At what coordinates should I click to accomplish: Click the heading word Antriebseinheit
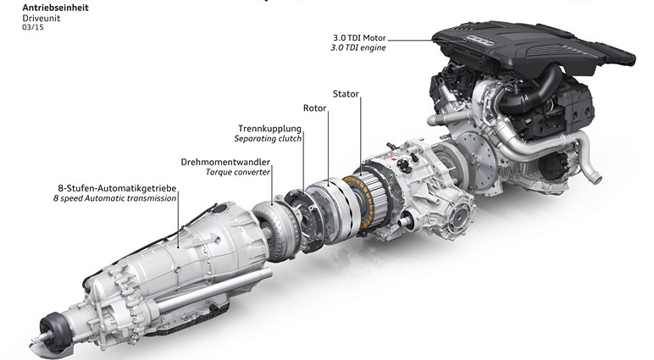pos(55,8)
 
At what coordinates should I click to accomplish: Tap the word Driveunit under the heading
pos(42,19)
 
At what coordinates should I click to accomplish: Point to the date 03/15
pos(33,28)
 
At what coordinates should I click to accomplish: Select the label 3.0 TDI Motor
pos(359,38)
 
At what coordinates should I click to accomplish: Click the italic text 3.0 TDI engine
pos(358,47)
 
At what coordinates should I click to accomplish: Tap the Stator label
pos(346,94)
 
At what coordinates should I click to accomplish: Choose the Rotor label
pos(314,108)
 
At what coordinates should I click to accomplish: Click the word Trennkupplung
pos(269,129)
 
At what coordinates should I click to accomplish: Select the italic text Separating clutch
pos(268,138)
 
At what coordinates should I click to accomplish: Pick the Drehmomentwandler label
pos(225,162)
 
